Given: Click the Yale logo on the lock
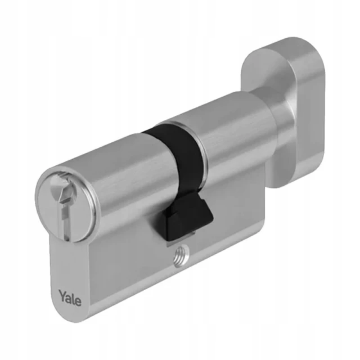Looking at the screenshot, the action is pyautogui.click(x=70, y=298).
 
